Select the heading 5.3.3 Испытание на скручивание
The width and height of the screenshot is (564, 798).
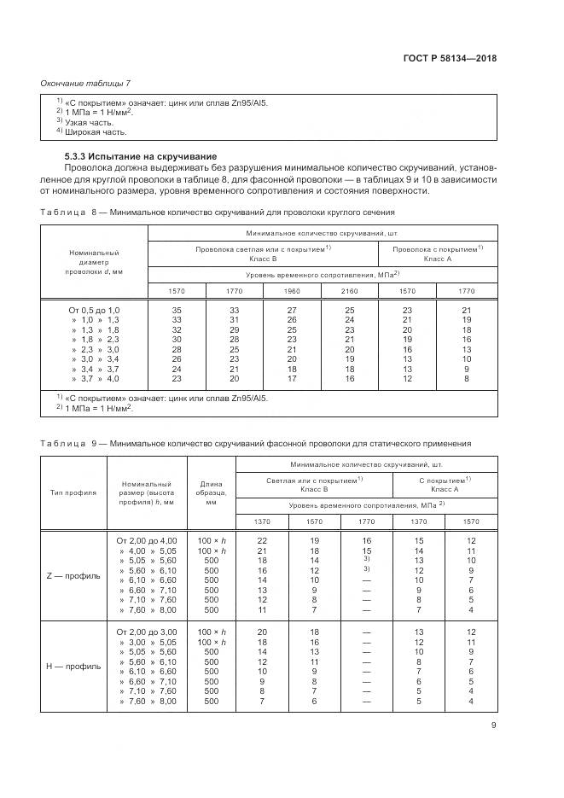tap(141, 157)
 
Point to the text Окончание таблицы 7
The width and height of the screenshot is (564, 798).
tap(85, 82)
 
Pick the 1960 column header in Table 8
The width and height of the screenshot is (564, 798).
tap(292, 291)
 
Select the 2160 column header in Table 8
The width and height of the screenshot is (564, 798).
tap(349, 291)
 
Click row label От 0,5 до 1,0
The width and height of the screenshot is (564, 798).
tap(95, 309)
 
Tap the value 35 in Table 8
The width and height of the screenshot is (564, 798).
tap(177, 309)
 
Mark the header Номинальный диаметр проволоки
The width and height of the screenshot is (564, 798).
tap(95, 262)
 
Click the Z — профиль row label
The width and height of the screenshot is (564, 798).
tap(73, 575)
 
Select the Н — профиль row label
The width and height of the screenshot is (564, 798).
tap(73, 666)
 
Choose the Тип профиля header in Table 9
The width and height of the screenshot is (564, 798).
tap(73, 493)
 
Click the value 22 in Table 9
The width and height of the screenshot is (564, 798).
tap(262, 540)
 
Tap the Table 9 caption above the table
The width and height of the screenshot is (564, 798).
tap(256, 444)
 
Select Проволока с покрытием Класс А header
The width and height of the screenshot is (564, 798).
tap(438, 253)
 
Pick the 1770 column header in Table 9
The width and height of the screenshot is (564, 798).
tap(366, 521)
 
